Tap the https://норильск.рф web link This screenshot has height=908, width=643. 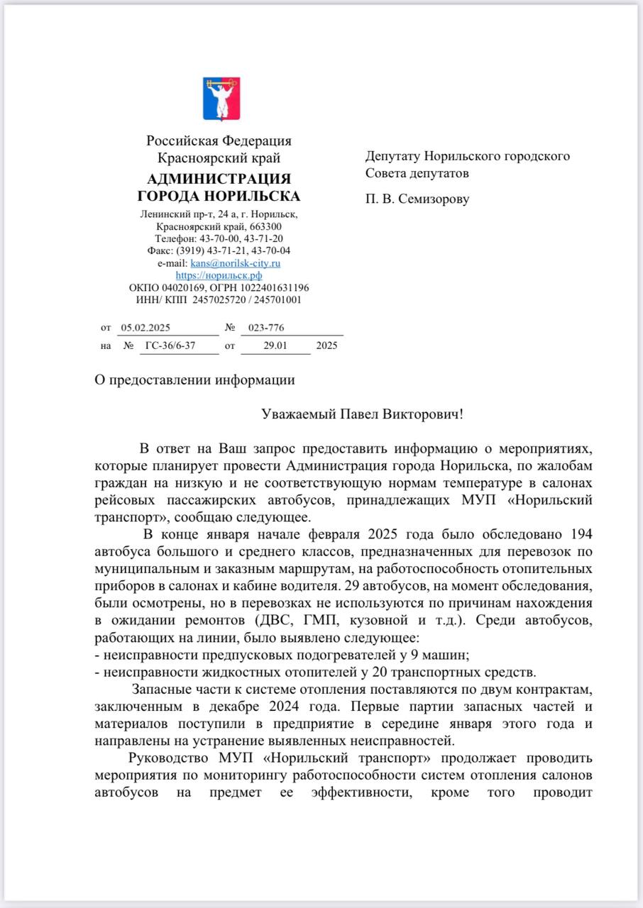tap(219, 275)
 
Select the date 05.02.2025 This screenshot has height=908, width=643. tap(145, 328)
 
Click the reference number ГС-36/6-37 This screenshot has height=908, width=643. tap(170, 346)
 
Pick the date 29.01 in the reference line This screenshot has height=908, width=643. tap(275, 346)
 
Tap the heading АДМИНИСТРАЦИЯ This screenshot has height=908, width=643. tap(219, 179)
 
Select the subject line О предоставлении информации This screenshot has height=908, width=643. tap(195, 380)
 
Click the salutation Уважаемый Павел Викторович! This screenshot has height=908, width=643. tap(362, 414)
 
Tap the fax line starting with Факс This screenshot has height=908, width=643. tap(219, 250)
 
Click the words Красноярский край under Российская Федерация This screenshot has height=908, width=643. tap(219, 158)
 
